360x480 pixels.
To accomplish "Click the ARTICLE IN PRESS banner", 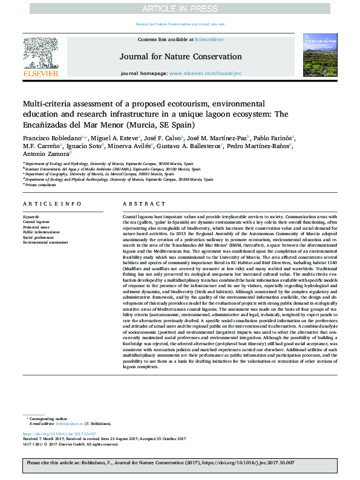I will pyautogui.click(x=180, y=8).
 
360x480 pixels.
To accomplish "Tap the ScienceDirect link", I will pyautogui.click(x=209, y=39).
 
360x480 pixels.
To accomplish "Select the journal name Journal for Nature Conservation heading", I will pyautogui.click(x=180, y=57).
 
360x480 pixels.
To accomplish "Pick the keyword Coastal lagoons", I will pyautogui.click(x=37, y=222).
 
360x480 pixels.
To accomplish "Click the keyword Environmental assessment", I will pyautogui.click(x=45, y=242).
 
